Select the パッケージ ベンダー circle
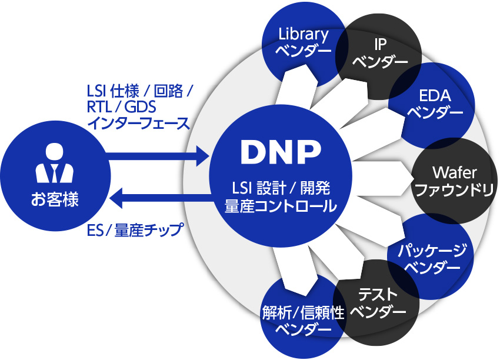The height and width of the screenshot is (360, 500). (432, 259)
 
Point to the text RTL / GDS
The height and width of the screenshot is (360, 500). (125, 107)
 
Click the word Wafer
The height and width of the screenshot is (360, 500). (454, 172)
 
